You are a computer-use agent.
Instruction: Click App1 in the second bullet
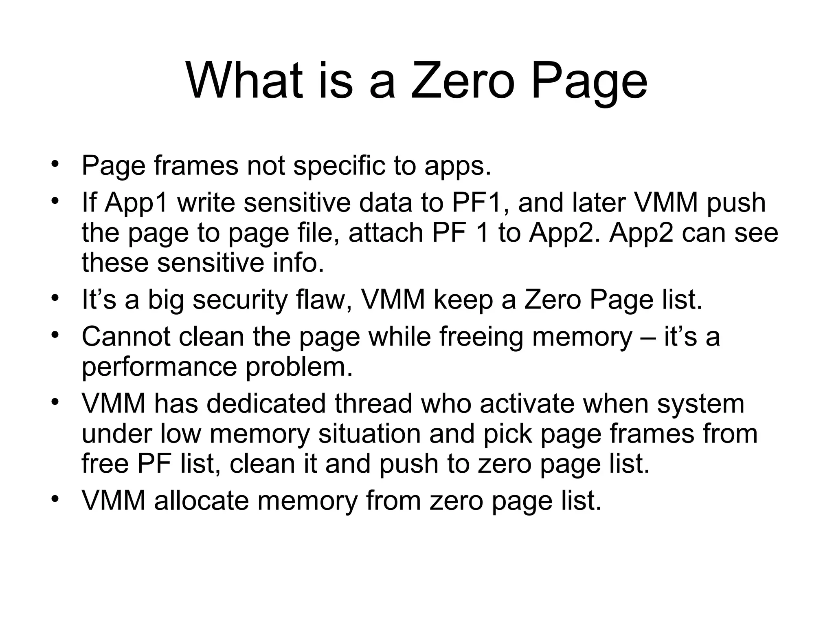tap(136, 203)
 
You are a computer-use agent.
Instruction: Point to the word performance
tap(159, 367)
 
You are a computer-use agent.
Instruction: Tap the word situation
tap(369, 434)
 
